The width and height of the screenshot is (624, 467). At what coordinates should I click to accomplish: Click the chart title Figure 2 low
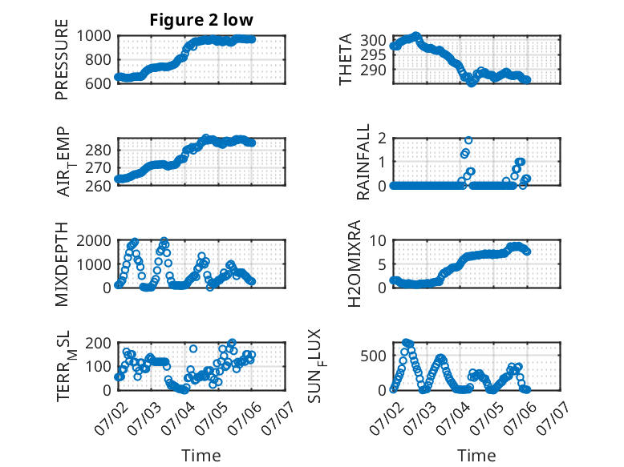coord(201,20)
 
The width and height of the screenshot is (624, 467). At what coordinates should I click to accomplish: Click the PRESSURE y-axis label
coord(62,59)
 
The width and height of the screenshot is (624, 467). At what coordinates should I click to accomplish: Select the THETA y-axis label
coord(346,59)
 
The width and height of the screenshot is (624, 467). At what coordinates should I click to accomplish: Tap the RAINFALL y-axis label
coord(363,162)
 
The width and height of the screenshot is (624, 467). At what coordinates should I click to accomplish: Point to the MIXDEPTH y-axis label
coord(62,264)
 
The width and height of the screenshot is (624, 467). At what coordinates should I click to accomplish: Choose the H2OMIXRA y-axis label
coord(354,264)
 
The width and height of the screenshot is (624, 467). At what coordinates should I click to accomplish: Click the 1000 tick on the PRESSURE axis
coord(94,36)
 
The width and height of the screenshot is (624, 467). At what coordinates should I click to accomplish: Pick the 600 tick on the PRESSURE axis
coord(98,83)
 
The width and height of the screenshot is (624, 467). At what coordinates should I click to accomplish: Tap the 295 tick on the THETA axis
coord(373,54)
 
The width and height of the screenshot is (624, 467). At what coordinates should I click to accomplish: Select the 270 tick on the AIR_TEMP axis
coord(98,168)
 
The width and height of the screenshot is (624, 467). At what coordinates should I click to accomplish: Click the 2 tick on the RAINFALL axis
coord(382,138)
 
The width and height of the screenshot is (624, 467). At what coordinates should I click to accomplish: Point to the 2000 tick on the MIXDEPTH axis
coord(94,240)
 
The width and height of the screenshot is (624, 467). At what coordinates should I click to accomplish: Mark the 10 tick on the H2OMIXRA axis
coord(378,240)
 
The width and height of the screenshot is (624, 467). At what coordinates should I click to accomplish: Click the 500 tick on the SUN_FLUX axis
coord(373,356)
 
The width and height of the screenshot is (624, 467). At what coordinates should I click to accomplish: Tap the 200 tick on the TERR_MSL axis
coord(98,343)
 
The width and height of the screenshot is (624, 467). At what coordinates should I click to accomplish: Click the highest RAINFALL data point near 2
coord(468,140)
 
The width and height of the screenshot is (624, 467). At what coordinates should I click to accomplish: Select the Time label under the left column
coord(201,455)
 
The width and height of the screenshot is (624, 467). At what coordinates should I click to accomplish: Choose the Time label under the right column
coord(476,455)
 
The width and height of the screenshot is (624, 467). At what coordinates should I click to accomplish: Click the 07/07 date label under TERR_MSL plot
coord(278,418)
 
